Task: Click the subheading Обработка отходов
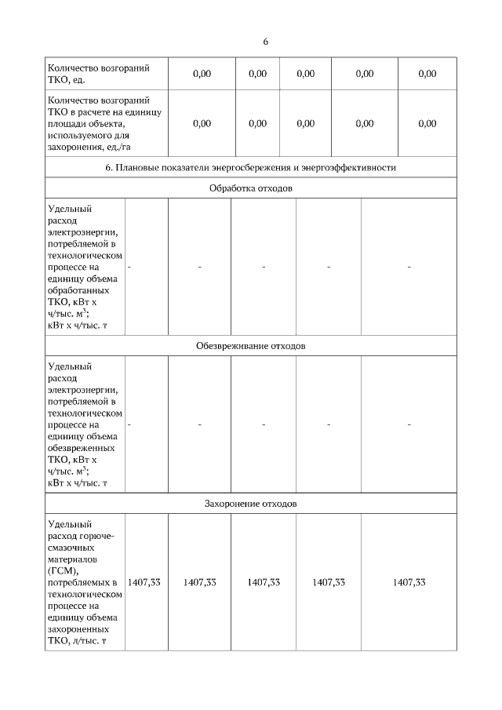251,188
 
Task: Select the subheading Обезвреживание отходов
251,345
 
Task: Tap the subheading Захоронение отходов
251,503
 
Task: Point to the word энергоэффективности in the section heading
351,167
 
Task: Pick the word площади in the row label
66,123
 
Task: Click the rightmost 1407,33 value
409,582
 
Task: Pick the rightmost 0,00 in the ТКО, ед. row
427,74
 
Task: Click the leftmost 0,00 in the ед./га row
202,123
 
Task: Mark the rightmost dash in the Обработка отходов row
409,268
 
